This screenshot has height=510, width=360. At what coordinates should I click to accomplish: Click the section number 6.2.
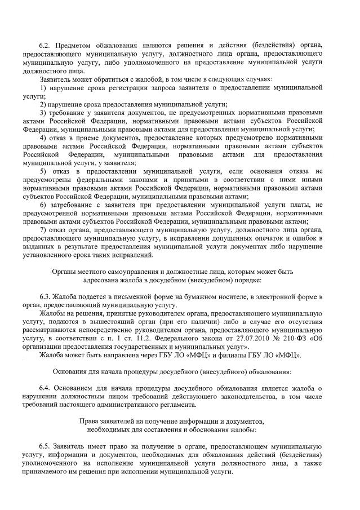click(x=45, y=44)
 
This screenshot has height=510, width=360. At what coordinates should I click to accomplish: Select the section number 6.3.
click(x=45, y=297)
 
